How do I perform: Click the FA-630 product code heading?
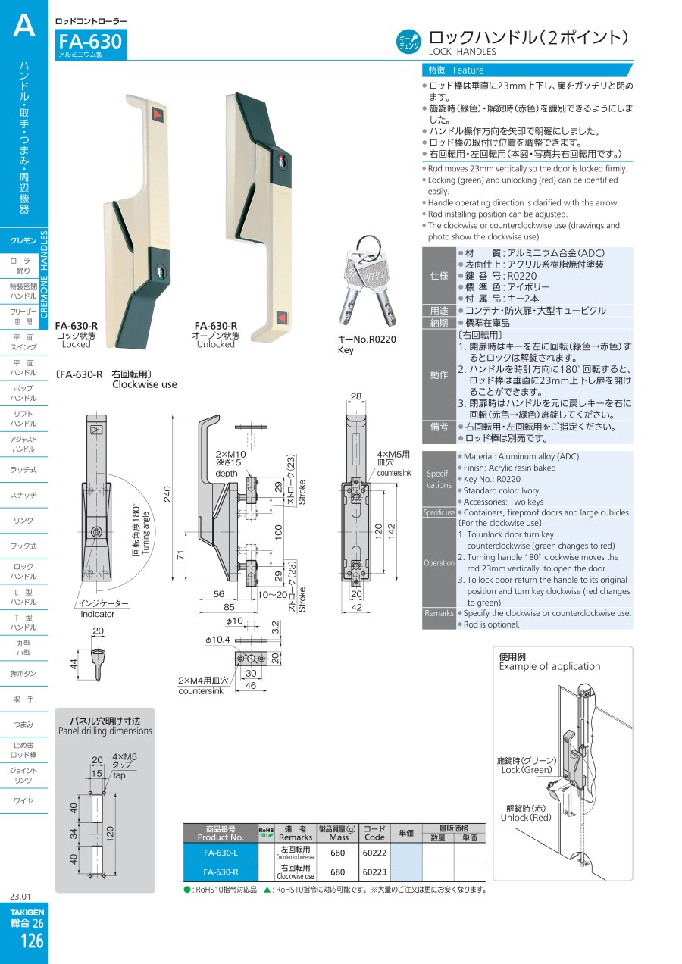[x=90, y=42]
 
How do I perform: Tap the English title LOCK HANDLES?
[x=462, y=52]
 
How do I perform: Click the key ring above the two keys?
[x=368, y=246]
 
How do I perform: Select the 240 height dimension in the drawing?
[x=167, y=493]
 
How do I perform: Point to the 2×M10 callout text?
[x=230, y=454]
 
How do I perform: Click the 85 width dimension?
[x=229, y=607]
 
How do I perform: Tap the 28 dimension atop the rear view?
[x=356, y=396]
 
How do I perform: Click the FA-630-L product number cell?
[x=221, y=853]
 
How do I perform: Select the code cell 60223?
[x=374, y=872]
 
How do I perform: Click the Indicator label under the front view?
[x=97, y=614]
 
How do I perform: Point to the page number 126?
[x=32, y=941]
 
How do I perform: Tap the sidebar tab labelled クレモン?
[x=23, y=240]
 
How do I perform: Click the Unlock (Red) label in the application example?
[x=526, y=817]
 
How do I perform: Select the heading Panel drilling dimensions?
[x=105, y=731]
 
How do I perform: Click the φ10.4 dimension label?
[x=217, y=640]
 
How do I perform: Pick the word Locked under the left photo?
[x=77, y=344]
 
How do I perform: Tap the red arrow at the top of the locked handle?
[x=156, y=114]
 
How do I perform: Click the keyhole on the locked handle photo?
[x=161, y=272]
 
